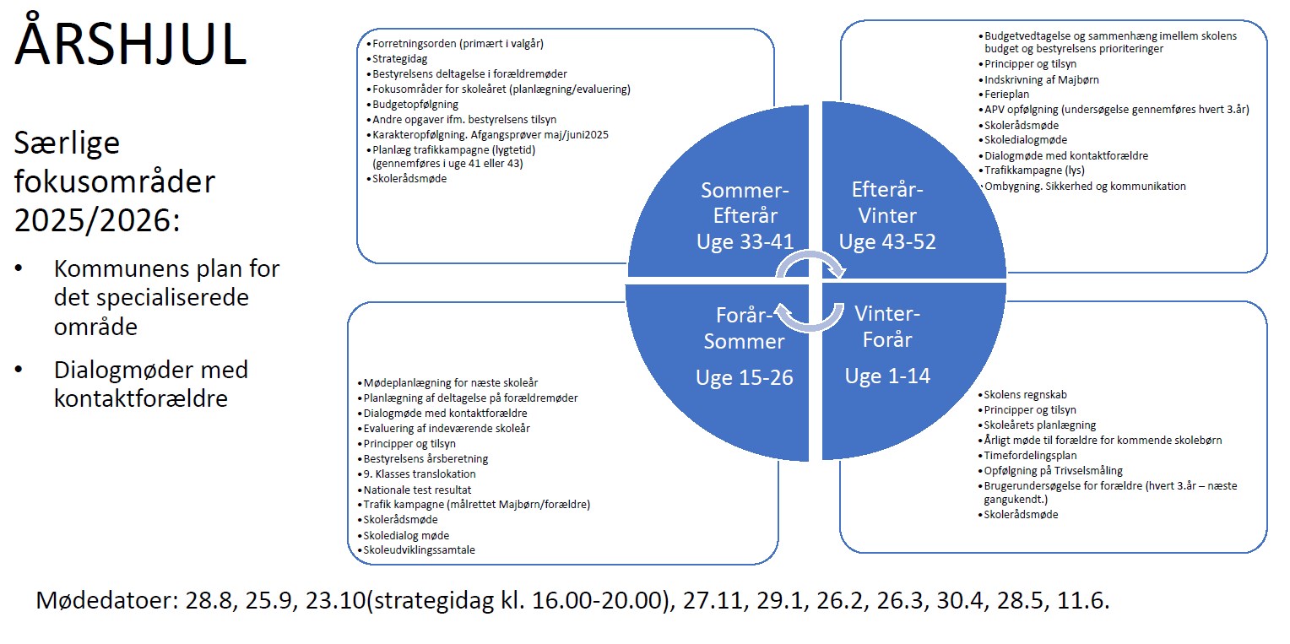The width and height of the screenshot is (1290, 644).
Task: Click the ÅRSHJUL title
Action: coord(131,42)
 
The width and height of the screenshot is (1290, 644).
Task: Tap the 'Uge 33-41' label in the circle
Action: coord(745,241)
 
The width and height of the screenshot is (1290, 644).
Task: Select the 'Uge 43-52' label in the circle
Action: coord(887,241)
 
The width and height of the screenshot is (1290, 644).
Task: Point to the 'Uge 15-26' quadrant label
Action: coord(745,377)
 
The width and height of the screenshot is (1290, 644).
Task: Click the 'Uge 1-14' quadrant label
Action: coord(887,376)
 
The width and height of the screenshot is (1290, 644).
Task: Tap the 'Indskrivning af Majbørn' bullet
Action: coord(1041,78)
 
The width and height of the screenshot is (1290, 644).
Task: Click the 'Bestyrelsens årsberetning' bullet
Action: coord(425,459)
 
